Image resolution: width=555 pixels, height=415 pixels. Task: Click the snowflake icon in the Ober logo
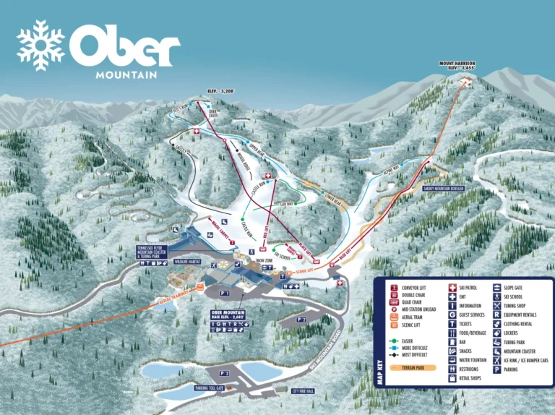point(40,45)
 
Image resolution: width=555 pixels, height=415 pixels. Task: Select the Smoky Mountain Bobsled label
point(443,189)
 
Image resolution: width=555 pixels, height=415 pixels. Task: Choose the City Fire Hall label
point(303,391)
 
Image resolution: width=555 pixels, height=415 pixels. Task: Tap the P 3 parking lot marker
point(225,373)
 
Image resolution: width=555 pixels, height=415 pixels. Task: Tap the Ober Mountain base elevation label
point(233,315)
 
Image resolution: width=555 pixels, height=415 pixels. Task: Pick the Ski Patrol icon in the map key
point(453,288)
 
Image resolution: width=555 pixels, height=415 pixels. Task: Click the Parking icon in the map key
point(497,369)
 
